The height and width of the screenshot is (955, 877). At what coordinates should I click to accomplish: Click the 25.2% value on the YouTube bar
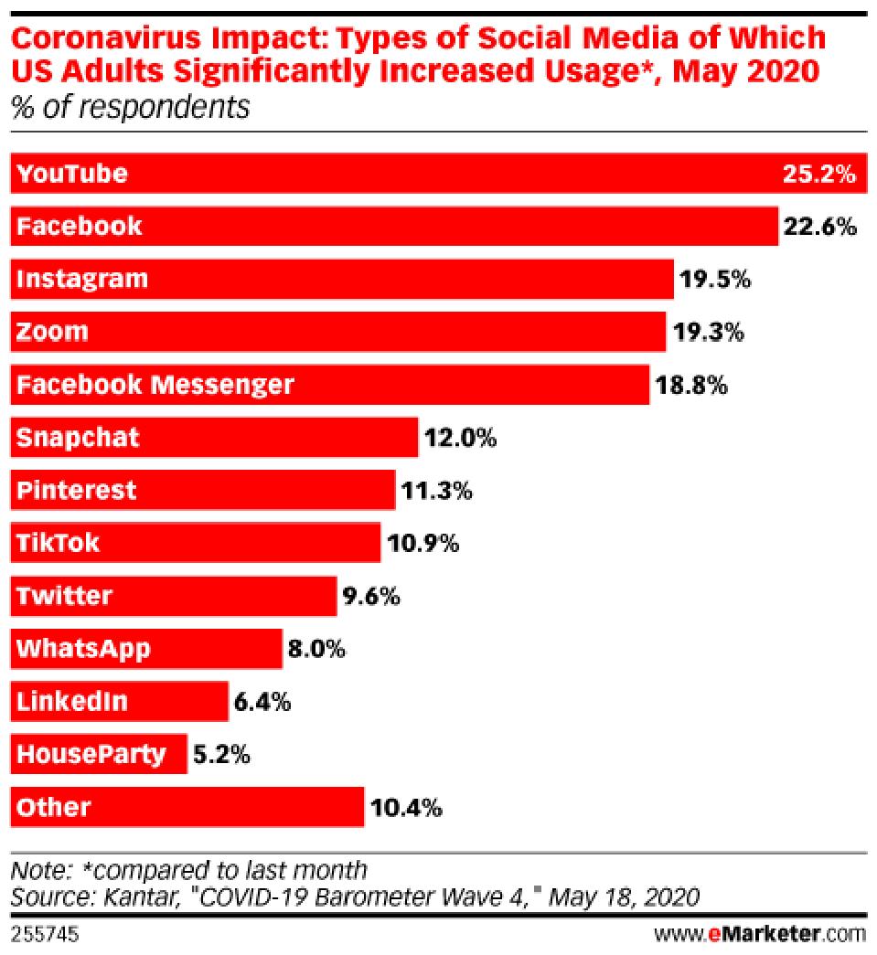[818, 174]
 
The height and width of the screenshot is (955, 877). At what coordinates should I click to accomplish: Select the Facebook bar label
[79, 226]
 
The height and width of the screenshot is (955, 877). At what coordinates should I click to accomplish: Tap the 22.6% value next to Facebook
[819, 226]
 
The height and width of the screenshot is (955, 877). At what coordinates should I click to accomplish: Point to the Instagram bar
[342, 279]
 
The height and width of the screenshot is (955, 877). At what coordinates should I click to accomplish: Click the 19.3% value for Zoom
[710, 332]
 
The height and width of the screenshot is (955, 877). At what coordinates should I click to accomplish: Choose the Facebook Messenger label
[155, 385]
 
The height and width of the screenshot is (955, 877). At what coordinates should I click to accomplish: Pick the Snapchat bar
[215, 438]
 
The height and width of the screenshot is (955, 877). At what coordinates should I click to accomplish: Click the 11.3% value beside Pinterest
[436, 491]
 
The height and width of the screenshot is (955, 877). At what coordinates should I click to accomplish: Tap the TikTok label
[58, 544]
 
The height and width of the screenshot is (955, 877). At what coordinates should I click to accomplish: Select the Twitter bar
[174, 597]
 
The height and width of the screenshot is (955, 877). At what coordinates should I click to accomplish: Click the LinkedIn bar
[119, 703]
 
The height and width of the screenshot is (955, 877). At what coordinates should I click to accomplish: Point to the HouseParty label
[91, 755]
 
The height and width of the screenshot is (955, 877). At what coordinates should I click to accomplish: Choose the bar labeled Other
[187, 808]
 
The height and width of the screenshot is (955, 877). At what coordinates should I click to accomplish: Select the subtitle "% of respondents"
[130, 107]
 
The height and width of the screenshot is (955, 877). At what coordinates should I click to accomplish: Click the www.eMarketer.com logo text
[759, 934]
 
